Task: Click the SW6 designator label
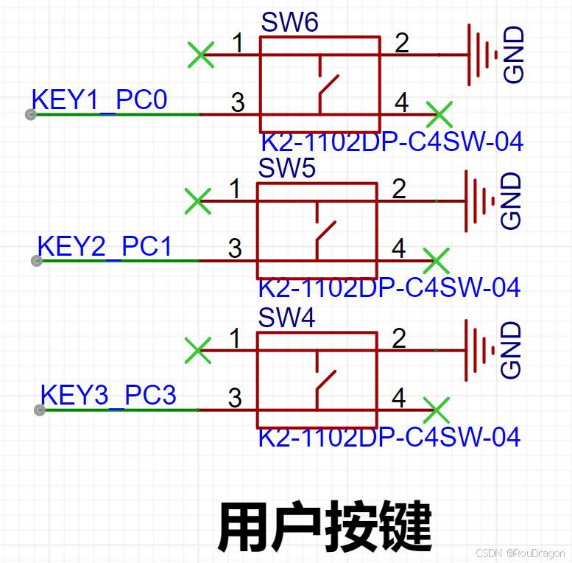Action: tap(289, 23)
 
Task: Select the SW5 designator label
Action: tap(286, 169)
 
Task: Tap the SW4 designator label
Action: tap(286, 318)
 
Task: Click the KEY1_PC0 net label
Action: tap(99, 99)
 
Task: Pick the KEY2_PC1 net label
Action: tap(105, 246)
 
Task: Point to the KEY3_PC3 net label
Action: tap(108, 395)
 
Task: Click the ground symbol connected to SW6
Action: tap(482, 54)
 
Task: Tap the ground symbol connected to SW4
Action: tap(479, 349)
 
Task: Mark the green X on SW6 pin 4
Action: tap(439, 114)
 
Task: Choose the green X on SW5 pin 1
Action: tap(197, 200)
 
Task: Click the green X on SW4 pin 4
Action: tap(437, 410)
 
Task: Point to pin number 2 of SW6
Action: tap(401, 43)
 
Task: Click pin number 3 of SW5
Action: tap(235, 248)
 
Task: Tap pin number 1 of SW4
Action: tap(235, 339)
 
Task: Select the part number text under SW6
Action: tap(392, 141)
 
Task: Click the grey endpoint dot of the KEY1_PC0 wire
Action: tap(30, 114)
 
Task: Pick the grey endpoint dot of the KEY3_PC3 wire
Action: tap(39, 410)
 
